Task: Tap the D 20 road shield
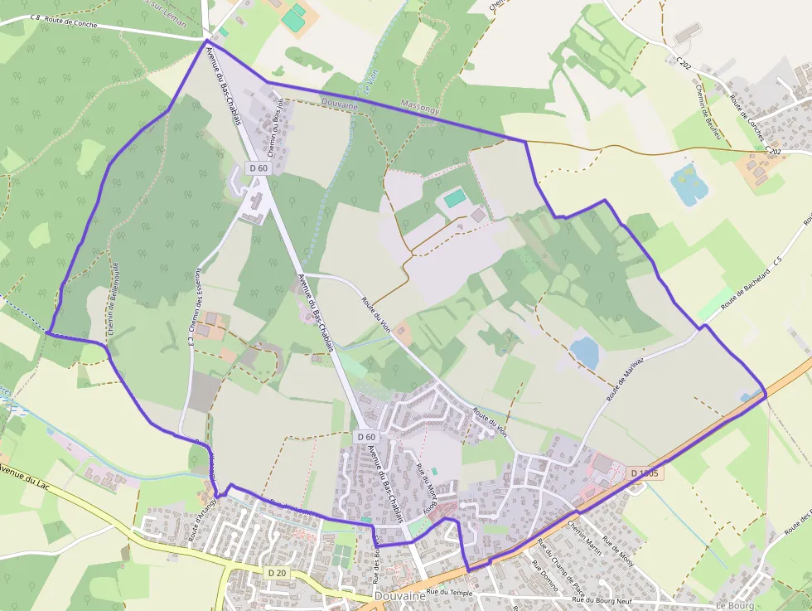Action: tap(277, 573)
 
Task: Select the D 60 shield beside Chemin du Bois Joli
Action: tap(259, 167)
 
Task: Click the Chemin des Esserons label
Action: tap(199, 302)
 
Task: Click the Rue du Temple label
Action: tap(449, 593)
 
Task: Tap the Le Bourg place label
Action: tap(732, 604)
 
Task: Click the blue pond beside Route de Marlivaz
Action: tap(585, 352)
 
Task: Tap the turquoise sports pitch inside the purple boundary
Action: tap(455, 198)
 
